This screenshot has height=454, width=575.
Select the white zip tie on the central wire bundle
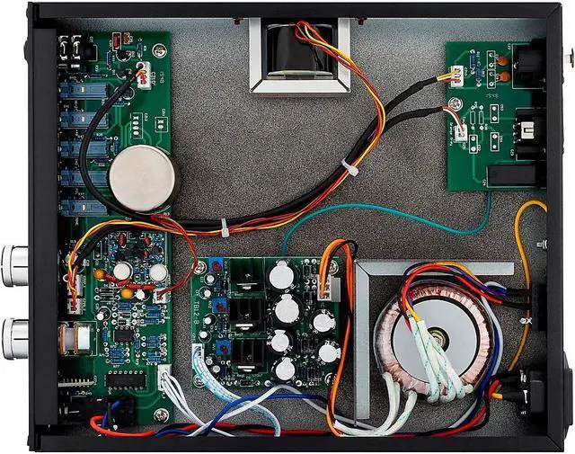click(x=225, y=227)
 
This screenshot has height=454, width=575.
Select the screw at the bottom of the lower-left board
click(x=162, y=414)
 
